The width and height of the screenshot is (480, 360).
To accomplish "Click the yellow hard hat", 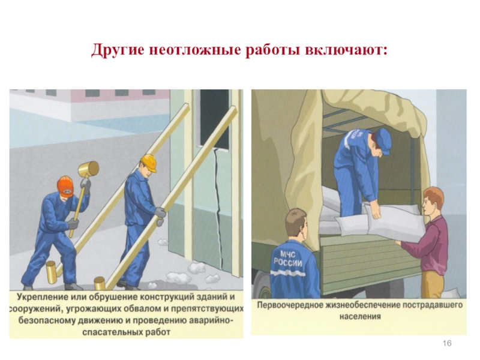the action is pos(149,162).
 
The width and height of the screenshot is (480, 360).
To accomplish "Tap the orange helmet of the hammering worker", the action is pos(65,186).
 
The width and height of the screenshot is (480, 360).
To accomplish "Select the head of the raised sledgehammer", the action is pos(88,169).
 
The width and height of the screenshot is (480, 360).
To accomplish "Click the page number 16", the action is pos(447,343).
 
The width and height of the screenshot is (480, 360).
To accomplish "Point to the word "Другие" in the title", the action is pos(118,50).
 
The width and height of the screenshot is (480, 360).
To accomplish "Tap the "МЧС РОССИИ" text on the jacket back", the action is pos(288,259).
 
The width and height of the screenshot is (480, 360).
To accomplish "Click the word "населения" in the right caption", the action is pos(360,316).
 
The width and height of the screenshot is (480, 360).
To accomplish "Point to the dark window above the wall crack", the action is pos(214,119).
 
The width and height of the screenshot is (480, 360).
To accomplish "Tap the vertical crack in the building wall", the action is pos(217,208).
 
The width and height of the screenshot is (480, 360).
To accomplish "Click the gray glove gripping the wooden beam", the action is pos(160,215).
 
